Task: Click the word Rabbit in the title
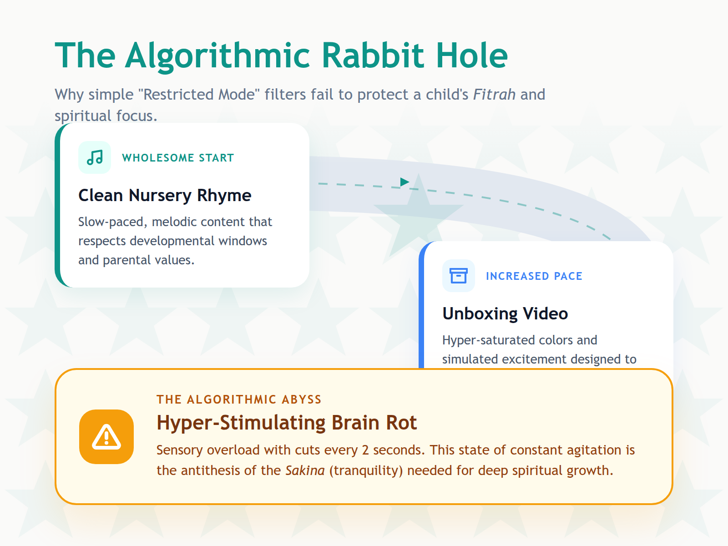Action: (x=373, y=56)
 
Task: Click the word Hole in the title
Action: (x=471, y=56)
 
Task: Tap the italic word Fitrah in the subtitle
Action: (x=494, y=95)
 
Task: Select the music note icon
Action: (x=95, y=157)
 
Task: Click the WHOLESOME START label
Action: (x=178, y=158)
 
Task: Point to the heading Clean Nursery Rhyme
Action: (x=165, y=195)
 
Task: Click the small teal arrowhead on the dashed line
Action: (x=404, y=182)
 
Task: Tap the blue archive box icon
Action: (x=458, y=276)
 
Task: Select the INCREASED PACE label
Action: (x=534, y=276)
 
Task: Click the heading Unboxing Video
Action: (x=505, y=313)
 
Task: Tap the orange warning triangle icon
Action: (x=106, y=437)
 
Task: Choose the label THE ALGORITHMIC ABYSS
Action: (x=239, y=399)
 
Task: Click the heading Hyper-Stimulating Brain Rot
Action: (x=287, y=423)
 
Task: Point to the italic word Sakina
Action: (x=305, y=470)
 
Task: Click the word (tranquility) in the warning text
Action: (x=366, y=470)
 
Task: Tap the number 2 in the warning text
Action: (x=365, y=450)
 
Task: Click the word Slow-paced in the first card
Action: (x=112, y=222)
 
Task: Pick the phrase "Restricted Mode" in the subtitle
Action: (x=199, y=95)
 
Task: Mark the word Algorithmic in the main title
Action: (x=218, y=56)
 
